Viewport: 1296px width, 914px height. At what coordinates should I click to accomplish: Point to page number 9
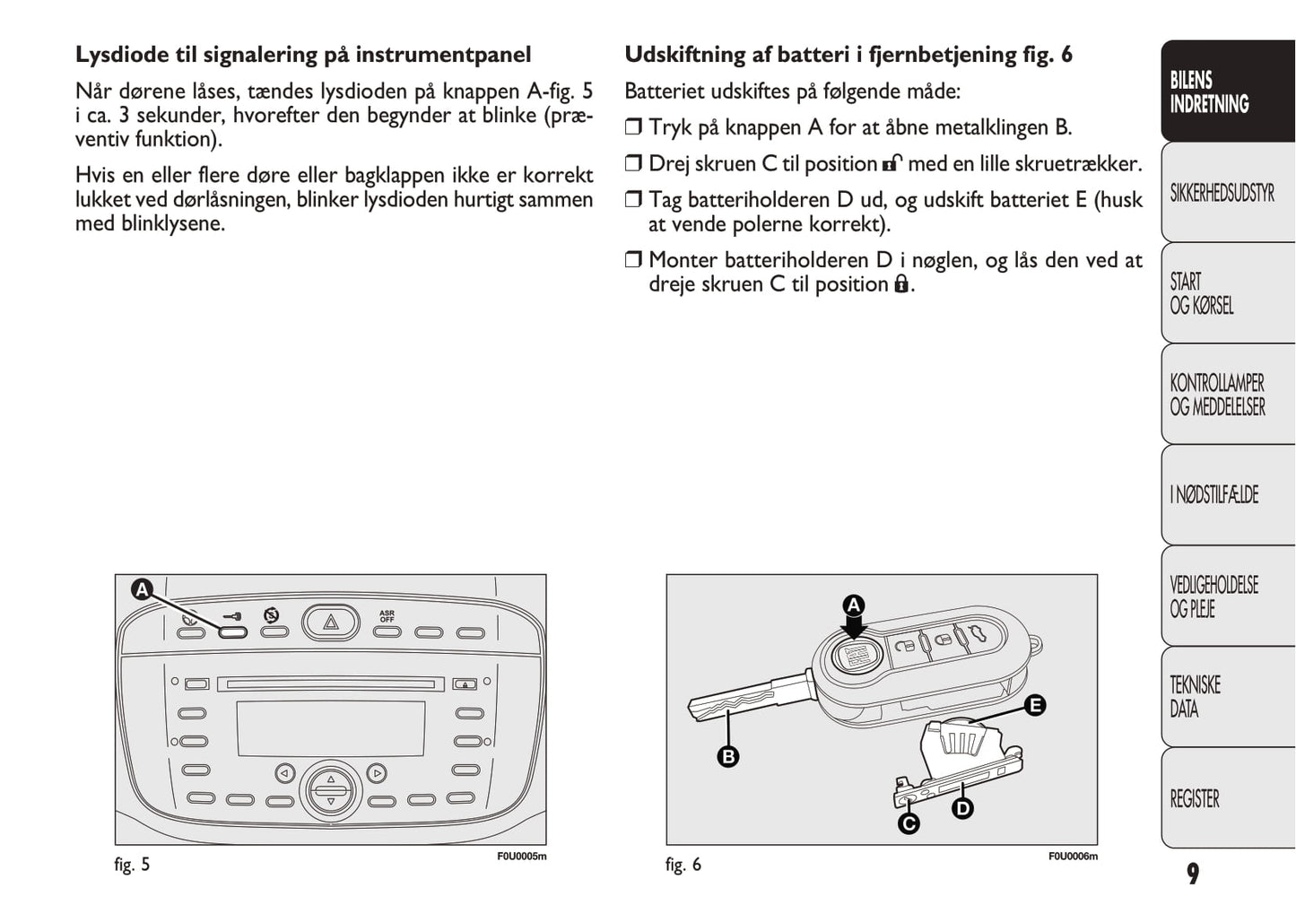coord(1192,874)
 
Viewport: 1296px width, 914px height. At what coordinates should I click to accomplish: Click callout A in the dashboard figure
coord(142,589)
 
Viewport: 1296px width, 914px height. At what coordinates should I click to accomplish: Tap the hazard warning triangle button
coord(331,622)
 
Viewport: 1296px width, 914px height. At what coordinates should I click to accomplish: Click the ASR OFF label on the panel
coord(387,617)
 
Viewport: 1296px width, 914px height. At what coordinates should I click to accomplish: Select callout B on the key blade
coord(728,756)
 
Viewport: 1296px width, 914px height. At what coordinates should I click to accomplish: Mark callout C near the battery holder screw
coord(908,823)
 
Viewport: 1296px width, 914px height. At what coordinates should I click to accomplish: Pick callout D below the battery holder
coord(961,808)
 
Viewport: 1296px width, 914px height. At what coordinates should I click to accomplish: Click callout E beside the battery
coord(1035,705)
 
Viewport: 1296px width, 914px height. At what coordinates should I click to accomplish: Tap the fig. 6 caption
coord(683,865)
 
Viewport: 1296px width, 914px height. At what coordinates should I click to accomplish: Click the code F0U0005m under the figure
coord(521,857)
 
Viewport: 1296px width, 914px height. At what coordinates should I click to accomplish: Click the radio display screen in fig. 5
coord(330,729)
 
